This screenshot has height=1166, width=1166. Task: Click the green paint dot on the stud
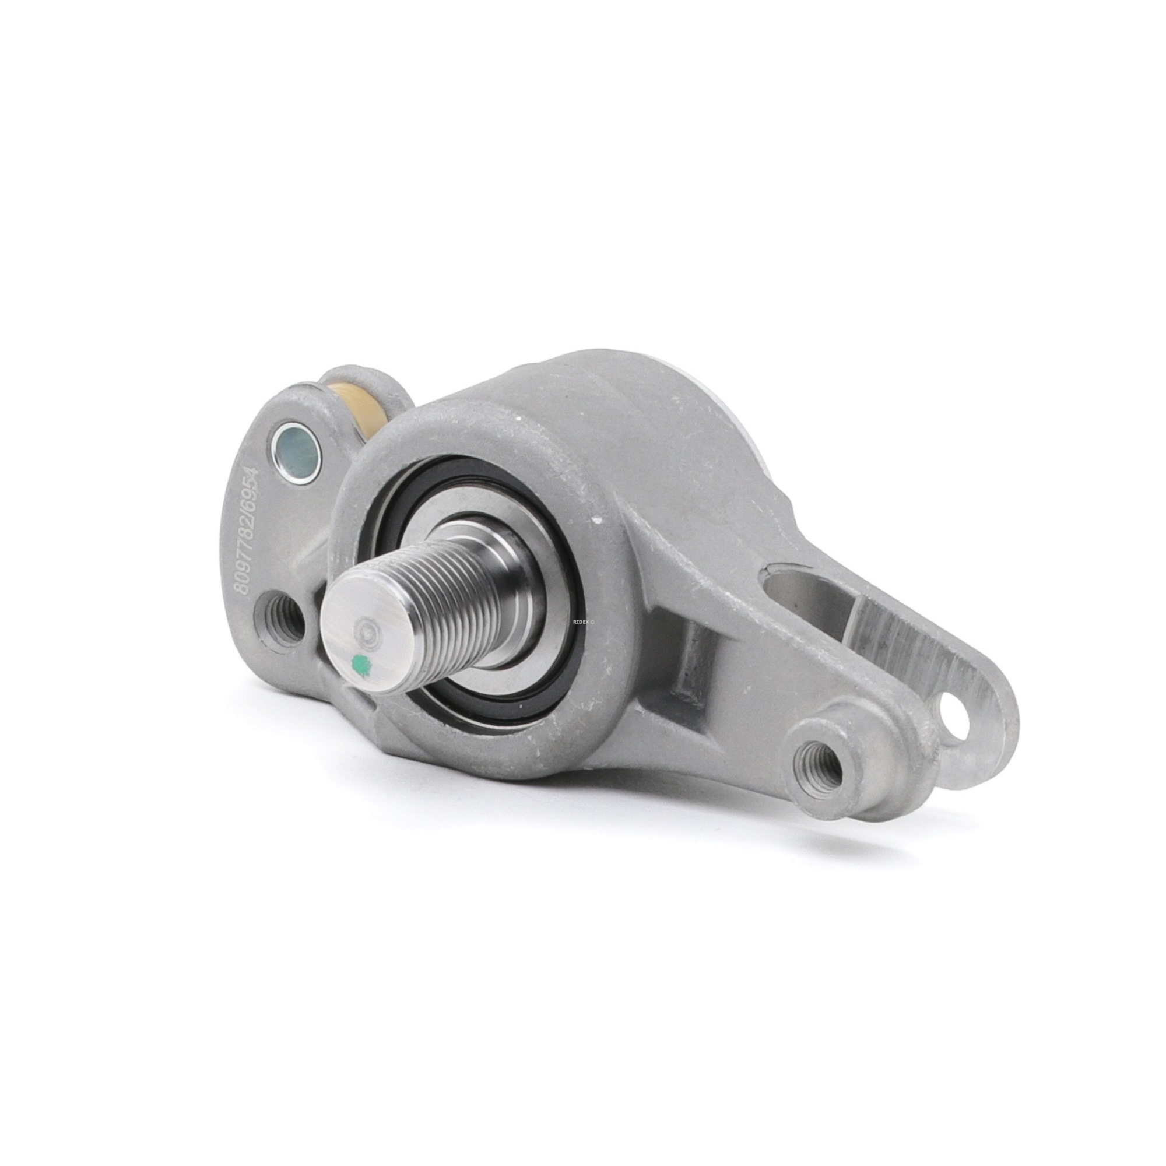coord(361,662)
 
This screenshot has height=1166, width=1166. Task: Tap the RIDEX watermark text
coord(581,622)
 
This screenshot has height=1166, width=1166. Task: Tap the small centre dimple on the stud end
coord(367,631)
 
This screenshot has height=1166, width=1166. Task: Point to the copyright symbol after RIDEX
coord(592,622)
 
